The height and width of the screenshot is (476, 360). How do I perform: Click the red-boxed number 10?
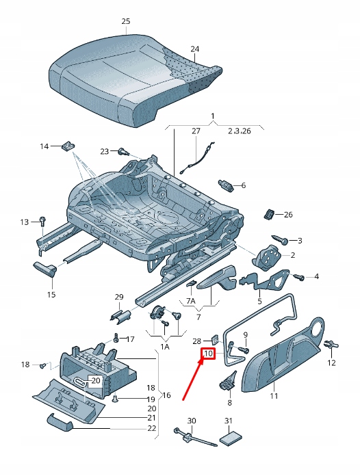208,354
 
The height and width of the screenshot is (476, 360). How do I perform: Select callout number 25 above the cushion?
126,22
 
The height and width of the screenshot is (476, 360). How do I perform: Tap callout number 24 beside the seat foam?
195,49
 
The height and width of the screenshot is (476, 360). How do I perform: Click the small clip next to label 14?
68,146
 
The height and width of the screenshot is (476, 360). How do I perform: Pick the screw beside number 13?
42,221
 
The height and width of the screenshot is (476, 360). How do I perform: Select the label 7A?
191,301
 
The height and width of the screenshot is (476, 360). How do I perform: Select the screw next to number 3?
283,241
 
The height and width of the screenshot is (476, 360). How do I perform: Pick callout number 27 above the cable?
196,130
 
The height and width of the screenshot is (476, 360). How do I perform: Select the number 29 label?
118,296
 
